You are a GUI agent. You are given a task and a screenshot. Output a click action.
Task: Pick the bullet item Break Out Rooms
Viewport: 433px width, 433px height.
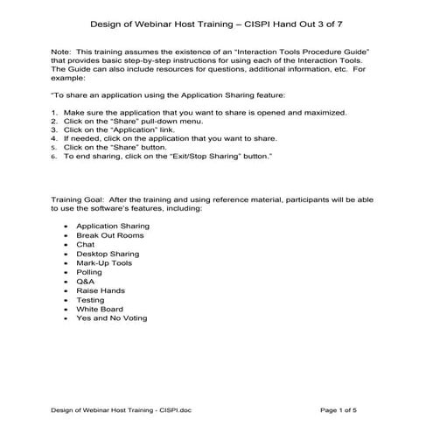point(110,235)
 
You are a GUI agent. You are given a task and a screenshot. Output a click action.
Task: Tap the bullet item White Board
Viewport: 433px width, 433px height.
point(99,310)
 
